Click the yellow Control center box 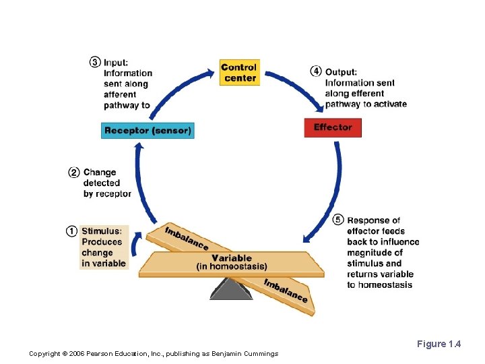(x=239, y=72)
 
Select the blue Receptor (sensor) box (x=148, y=130)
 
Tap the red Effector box (x=333, y=127)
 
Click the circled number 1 (x=71, y=231)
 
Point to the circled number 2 (x=74, y=173)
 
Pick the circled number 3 (x=95, y=62)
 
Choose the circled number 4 (x=316, y=71)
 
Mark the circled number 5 (x=338, y=220)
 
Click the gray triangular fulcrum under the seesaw (x=230, y=288)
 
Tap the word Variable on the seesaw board (x=232, y=257)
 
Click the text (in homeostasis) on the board (x=232, y=267)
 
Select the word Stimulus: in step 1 (x=102, y=231)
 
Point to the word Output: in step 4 (x=341, y=72)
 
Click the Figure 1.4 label (x=439, y=344)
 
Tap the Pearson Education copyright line (x=154, y=354)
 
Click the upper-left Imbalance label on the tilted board (x=186, y=237)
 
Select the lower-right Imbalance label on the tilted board (x=286, y=291)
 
